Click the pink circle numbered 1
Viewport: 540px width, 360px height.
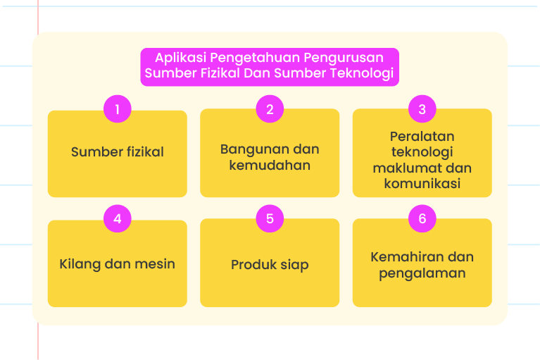118,109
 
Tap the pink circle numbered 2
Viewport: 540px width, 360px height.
270,109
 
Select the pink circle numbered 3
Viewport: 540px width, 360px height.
422,109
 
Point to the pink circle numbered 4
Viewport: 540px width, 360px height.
118,218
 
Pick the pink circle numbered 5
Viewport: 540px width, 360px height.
270,218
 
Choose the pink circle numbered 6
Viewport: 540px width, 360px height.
422,218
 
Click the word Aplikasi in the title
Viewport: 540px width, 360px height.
180,58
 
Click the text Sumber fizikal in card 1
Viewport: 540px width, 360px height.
118,152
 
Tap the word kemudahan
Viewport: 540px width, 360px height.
270,166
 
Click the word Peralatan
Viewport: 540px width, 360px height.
422,137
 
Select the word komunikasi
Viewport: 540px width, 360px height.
422,184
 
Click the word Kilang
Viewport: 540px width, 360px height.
80,265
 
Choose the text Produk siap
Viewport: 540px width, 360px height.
270,266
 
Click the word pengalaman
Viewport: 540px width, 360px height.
422,273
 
